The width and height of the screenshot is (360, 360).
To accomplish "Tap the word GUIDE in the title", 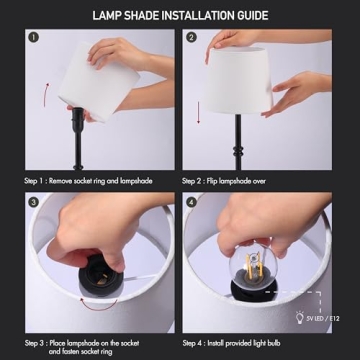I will (249, 16).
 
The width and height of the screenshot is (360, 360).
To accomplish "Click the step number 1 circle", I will (33, 39).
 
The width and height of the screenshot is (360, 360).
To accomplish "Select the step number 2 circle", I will (191, 39).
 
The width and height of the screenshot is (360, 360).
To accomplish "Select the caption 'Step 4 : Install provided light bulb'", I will (238, 344).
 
